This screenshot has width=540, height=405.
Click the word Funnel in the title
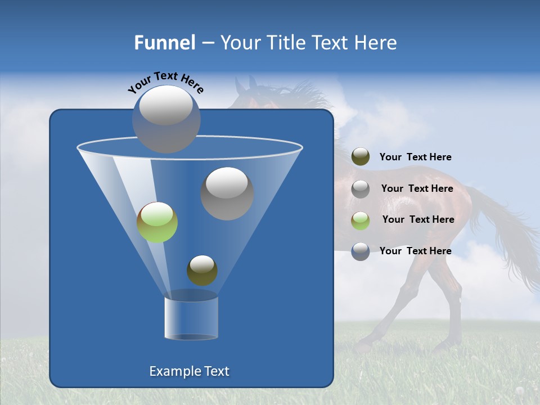tap(165, 43)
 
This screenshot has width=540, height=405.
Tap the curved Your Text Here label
tap(165, 82)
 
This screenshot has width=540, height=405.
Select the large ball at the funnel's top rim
tap(166, 119)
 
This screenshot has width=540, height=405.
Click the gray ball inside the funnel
tap(227, 193)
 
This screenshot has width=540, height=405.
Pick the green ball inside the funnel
tap(157, 222)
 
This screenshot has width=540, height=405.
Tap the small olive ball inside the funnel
tap(202, 270)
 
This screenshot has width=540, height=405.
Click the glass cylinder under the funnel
tap(191, 318)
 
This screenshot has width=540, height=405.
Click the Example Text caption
tap(189, 371)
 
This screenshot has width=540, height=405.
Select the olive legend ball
tap(361, 157)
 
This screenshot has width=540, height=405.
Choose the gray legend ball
tap(361, 189)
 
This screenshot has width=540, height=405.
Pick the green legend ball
tap(361, 220)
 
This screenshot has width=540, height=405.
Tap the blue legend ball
tap(361, 251)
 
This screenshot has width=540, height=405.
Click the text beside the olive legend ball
tap(415, 157)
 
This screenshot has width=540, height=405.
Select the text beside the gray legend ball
tap(417, 188)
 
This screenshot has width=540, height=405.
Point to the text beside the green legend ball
tap(418, 219)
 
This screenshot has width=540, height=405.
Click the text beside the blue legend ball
tap(415, 251)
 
